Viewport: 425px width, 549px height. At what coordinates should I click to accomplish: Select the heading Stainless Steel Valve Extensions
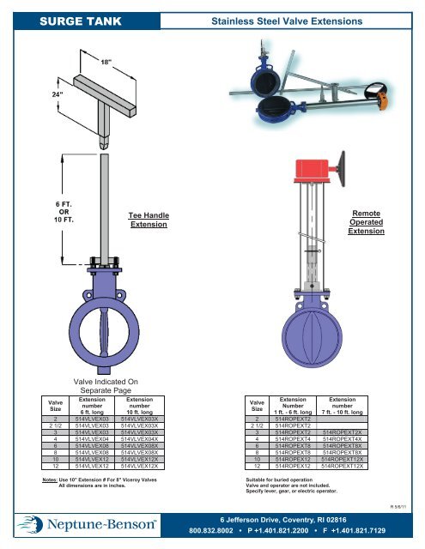point(312,19)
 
